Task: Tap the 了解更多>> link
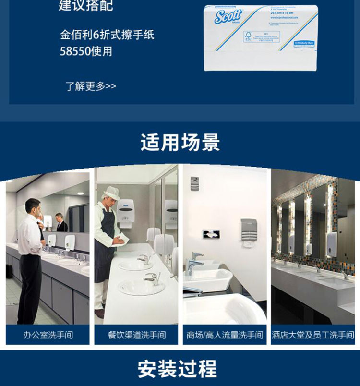91,86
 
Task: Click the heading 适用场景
180,143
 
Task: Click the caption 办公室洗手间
48,335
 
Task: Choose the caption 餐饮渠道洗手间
137,335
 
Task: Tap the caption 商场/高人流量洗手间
225,335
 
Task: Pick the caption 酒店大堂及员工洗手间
313,335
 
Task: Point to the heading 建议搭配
86,6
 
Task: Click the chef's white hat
112,193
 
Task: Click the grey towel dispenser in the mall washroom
249,232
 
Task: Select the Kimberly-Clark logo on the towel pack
305,43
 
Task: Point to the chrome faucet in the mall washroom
195,262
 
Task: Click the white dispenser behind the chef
125,212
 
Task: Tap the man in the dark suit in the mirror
61,223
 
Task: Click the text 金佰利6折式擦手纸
107,35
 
